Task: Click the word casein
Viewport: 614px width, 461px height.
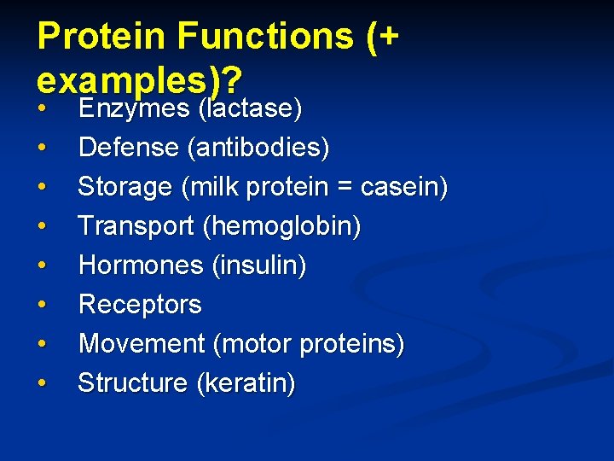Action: tap(403, 187)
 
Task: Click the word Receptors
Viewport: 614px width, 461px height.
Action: tap(140, 305)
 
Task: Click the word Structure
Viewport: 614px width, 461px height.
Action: tap(132, 383)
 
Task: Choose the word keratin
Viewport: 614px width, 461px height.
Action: tap(246, 383)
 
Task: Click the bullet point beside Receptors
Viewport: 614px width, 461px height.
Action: tap(42, 306)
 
